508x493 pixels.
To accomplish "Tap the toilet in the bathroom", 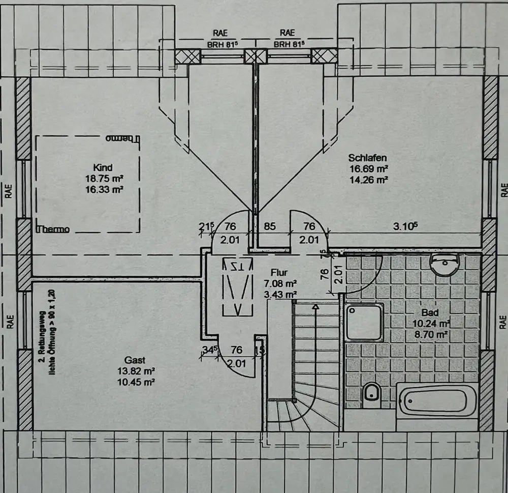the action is [x=373, y=393].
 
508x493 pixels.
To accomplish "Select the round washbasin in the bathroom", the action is [x=444, y=265].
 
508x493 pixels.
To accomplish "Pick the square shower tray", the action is [x=363, y=322].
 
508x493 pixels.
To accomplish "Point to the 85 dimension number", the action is [x=270, y=227].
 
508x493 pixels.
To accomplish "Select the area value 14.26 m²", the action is [x=368, y=180].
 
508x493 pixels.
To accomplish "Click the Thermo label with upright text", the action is [x=53, y=229].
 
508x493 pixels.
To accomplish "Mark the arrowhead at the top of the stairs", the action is [x=315, y=306].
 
